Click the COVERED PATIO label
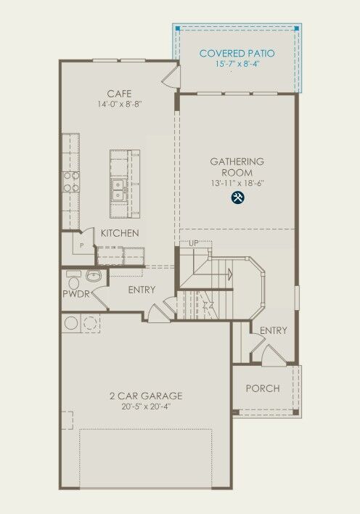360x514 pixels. coord(237,53)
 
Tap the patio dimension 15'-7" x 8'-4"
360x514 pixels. coord(237,65)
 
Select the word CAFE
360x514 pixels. coord(119,94)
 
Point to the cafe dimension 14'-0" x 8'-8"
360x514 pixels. coord(119,105)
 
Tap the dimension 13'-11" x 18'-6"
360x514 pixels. coord(237,184)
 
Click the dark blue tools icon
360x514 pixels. coord(237,197)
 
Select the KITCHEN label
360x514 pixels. coord(120,233)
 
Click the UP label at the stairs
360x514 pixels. coord(194,244)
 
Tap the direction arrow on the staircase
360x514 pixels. coord(229,274)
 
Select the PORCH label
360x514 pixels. coord(262,388)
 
